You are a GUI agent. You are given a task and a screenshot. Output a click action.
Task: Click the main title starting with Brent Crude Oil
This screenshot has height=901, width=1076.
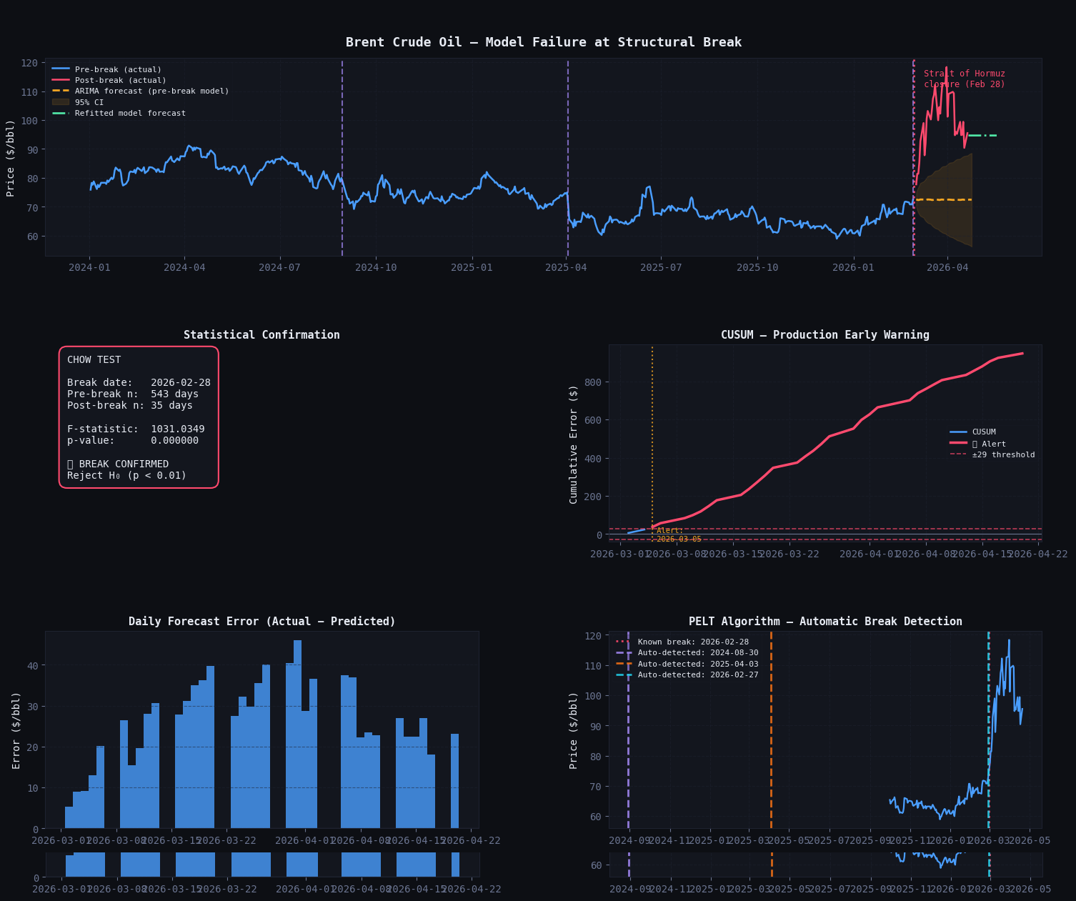click(543, 42)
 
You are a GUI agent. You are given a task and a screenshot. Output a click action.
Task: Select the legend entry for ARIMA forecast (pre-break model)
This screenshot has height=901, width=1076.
click(151, 91)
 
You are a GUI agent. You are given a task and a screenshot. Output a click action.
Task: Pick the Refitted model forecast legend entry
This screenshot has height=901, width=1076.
click(130, 114)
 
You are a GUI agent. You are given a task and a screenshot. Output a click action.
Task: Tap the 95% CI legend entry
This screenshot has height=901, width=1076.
click(89, 103)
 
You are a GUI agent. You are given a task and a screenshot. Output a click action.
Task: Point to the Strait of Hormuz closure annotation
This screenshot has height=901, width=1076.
click(964, 79)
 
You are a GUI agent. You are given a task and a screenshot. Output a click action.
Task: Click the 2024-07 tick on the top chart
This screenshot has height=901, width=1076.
click(279, 268)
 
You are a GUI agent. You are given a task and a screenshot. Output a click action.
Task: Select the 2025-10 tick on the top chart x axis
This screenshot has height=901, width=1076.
click(757, 268)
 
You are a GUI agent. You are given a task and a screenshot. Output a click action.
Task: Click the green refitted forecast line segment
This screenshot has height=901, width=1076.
click(982, 135)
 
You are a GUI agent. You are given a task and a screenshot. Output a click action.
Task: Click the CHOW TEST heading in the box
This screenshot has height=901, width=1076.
click(94, 360)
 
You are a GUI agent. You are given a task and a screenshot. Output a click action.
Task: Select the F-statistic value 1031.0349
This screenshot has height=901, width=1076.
click(177, 429)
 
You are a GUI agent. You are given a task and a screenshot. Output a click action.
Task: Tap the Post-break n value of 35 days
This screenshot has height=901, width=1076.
click(171, 406)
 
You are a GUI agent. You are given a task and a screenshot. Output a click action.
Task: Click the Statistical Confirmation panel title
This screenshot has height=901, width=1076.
click(261, 335)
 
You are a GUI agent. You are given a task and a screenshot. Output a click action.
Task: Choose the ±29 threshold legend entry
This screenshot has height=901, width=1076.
click(1003, 455)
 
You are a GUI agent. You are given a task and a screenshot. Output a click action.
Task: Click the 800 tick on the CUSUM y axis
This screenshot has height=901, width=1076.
click(593, 382)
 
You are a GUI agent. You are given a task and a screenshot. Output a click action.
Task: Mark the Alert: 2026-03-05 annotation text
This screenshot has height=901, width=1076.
click(678, 535)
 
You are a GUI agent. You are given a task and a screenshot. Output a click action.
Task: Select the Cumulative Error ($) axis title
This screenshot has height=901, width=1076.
click(574, 444)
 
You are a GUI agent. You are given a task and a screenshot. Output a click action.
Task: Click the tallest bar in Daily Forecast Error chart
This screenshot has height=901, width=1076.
click(297, 734)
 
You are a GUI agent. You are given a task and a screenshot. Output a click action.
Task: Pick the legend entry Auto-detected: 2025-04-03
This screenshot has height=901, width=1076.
click(697, 664)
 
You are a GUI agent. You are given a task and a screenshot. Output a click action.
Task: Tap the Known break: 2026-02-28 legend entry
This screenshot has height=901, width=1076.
click(692, 642)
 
